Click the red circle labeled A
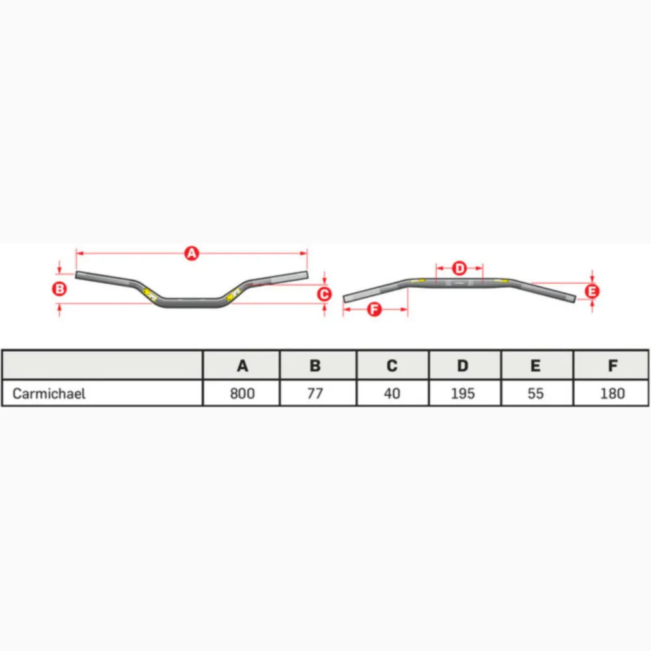click(191, 253)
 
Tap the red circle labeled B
click(59, 288)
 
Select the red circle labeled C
click(324, 294)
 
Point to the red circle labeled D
click(459, 268)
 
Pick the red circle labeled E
click(592, 291)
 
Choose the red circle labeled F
click(374, 309)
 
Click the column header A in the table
click(242, 365)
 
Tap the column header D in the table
click(463, 365)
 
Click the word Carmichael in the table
click(49, 393)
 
